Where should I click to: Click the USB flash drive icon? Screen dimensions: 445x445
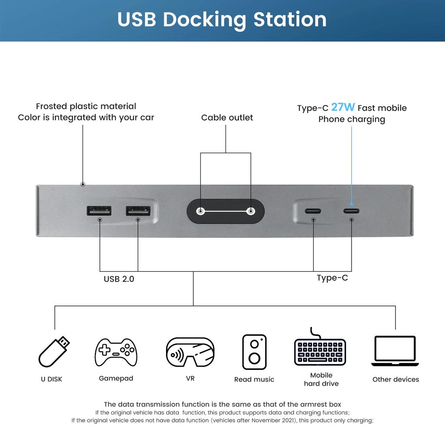tap(54, 352)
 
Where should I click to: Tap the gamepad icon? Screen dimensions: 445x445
tap(116, 352)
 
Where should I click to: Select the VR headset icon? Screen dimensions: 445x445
tap(190, 352)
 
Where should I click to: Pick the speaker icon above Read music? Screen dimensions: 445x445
tap(254, 352)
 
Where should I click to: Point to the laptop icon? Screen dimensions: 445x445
tap(395, 351)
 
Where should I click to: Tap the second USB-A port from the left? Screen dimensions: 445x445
tap(138, 211)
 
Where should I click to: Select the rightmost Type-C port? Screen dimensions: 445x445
tap(351, 211)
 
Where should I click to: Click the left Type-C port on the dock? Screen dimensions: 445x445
tap(313, 211)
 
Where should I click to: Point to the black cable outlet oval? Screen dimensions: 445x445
tap(225, 212)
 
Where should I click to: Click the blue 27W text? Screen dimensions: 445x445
tap(343, 107)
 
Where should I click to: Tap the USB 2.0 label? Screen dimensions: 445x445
tap(119, 279)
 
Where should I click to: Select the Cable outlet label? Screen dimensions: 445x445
tap(227, 117)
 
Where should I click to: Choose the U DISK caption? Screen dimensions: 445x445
tap(52, 379)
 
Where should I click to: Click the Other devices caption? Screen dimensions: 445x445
tap(395, 379)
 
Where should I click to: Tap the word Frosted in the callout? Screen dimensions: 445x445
tap(51, 106)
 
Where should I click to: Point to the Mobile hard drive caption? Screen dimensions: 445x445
tap(321, 379)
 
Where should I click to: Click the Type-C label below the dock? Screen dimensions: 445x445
tap(332, 278)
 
